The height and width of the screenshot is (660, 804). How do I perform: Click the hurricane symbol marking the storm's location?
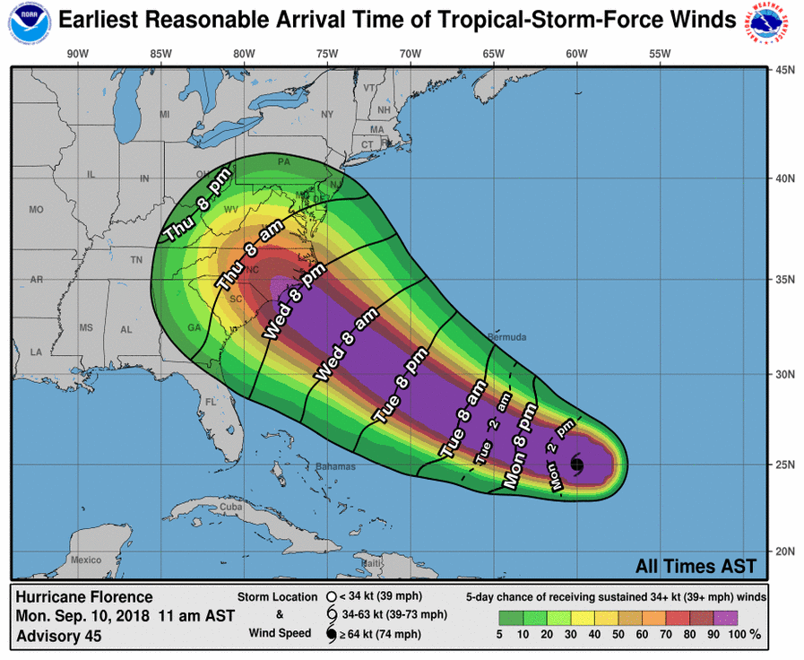pyautogui.click(x=575, y=463)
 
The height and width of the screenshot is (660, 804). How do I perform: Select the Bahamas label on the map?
pyautogui.click(x=336, y=466)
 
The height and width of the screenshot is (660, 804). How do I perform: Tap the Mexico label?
pyautogui.click(x=86, y=560)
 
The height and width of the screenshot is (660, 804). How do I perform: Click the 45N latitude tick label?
pyautogui.click(x=786, y=70)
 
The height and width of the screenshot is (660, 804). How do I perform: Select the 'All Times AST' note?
pyautogui.click(x=696, y=566)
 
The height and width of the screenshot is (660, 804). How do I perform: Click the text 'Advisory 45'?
pyautogui.click(x=59, y=637)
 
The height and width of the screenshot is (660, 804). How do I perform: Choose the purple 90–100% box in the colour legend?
pyautogui.click(x=725, y=618)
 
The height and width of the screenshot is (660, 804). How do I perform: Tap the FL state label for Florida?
pyautogui.click(x=212, y=402)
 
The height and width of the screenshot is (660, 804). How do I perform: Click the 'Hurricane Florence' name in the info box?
pyautogui.click(x=84, y=597)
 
